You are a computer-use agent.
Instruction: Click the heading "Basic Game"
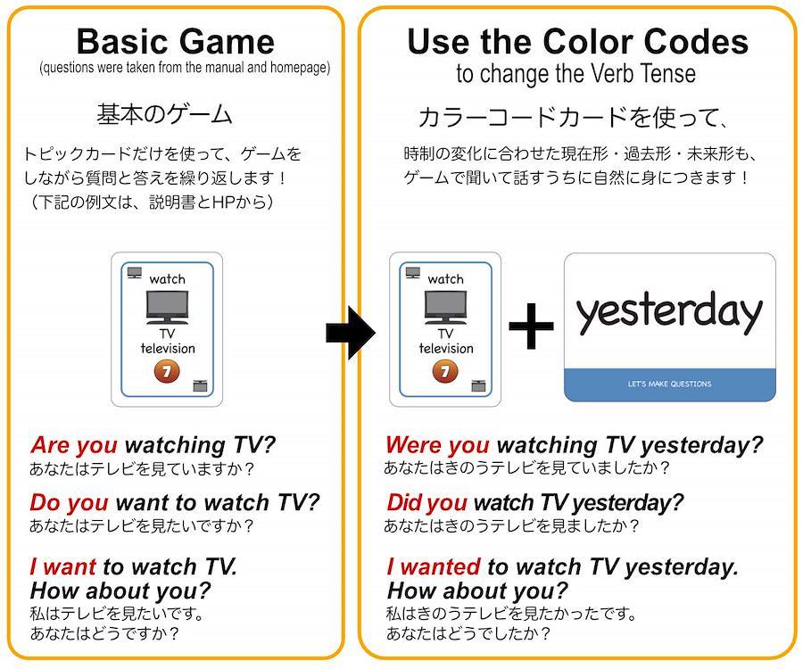176,41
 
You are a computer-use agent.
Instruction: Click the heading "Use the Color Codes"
577,41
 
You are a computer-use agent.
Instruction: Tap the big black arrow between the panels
351,333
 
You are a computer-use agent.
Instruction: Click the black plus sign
531,326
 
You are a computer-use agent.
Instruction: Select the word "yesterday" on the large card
669,311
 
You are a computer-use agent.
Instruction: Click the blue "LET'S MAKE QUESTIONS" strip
670,384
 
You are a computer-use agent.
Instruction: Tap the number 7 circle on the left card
167,372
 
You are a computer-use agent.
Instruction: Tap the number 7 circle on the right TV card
445,372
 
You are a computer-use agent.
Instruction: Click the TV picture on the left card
167,307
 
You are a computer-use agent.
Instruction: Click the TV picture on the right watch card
445,307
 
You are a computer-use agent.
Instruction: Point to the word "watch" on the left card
167,279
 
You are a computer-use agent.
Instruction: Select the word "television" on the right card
446,349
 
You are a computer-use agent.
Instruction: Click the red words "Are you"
74,445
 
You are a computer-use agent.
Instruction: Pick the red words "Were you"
437,445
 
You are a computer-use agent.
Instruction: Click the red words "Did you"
427,503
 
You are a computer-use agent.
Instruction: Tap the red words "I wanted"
434,566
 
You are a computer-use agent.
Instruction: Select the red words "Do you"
69,503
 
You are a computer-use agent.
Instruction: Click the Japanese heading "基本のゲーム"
164,114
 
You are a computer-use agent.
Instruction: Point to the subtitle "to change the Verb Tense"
576,74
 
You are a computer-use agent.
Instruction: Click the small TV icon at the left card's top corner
134,272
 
